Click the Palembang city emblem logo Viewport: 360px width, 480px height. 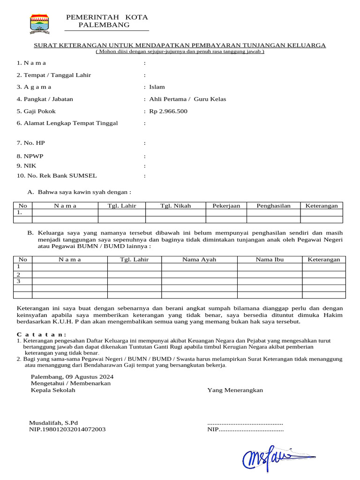click(40, 23)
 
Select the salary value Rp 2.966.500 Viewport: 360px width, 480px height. click(168, 112)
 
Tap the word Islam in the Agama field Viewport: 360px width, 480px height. click(157, 87)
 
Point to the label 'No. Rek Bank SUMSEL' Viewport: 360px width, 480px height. click(57, 176)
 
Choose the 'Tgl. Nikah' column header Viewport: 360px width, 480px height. click(176, 206)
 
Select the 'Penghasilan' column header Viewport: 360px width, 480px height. click(273, 206)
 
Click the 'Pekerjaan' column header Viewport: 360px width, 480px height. click(226, 206)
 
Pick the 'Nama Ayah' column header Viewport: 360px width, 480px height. click(199, 260)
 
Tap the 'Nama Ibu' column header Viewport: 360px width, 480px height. click(270, 260)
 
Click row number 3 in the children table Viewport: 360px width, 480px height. click(19, 281)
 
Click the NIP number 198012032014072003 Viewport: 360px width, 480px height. click(67, 429)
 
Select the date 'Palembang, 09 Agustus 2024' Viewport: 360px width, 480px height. click(72, 376)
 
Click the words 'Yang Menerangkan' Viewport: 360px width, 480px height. click(235, 390)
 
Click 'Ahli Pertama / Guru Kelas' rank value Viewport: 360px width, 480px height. click(187, 99)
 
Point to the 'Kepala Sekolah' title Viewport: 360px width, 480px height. click(53, 390)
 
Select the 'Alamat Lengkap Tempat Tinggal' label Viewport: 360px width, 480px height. click(67, 123)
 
